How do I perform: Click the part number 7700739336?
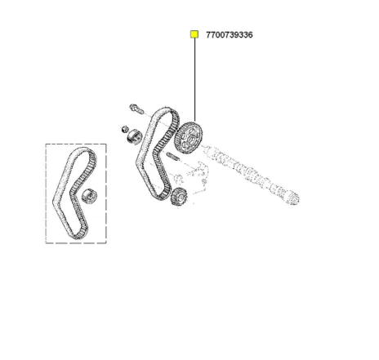(230, 35)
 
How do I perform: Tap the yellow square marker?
(194, 34)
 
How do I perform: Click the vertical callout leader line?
(194, 80)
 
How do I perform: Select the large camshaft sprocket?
(188, 138)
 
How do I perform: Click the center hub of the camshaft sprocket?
(190, 140)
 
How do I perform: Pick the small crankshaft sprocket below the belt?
(179, 197)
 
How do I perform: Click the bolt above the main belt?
(136, 109)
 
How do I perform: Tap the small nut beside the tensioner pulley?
(124, 129)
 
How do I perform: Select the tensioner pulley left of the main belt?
(135, 136)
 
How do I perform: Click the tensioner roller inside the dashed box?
(89, 196)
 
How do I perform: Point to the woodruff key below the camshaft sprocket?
(172, 156)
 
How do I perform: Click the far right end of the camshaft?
(294, 198)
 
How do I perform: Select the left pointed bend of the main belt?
(137, 162)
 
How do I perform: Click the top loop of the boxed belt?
(82, 150)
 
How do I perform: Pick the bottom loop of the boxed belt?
(78, 235)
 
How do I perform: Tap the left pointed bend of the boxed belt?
(54, 202)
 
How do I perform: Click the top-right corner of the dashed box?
(106, 144)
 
